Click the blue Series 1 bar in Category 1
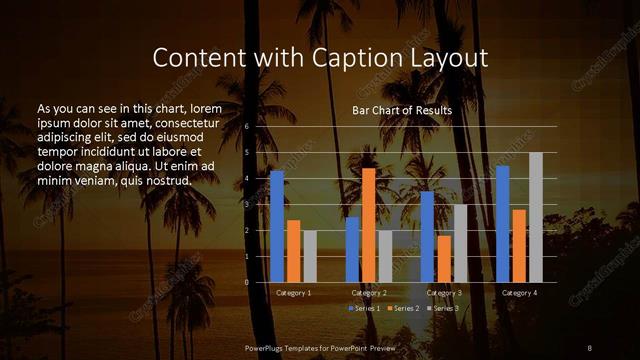click(277, 226)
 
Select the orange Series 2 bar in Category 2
click(369, 225)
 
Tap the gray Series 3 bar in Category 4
click(536, 217)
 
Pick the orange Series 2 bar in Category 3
click(444, 259)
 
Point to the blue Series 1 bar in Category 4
click(503, 224)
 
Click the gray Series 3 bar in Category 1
click(310, 256)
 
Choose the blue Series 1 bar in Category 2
click(352, 250)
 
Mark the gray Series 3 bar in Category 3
click(461, 243)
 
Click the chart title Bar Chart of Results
click(402, 110)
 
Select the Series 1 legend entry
click(361, 308)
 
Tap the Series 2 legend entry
click(402, 308)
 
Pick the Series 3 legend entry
click(444, 308)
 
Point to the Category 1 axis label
click(293, 293)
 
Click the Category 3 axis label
click(444, 293)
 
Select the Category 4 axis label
click(519, 293)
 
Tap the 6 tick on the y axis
click(246, 127)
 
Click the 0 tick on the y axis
click(246, 282)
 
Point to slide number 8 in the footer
click(589, 347)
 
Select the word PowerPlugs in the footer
click(268, 347)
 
